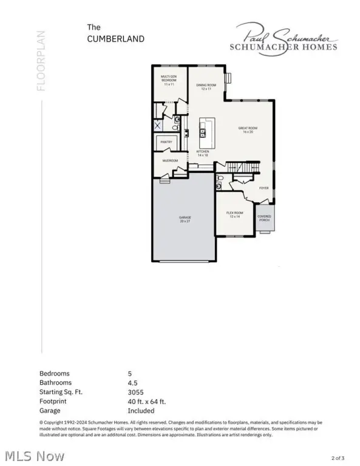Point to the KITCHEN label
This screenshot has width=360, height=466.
202,154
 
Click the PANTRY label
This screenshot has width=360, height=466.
166,142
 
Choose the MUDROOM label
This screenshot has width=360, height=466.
169,160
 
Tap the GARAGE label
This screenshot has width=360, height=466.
185,218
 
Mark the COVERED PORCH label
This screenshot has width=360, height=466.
264,217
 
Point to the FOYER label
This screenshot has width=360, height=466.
263,188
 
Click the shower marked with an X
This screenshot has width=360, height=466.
158,126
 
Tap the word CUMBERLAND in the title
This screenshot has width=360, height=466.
116,38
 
